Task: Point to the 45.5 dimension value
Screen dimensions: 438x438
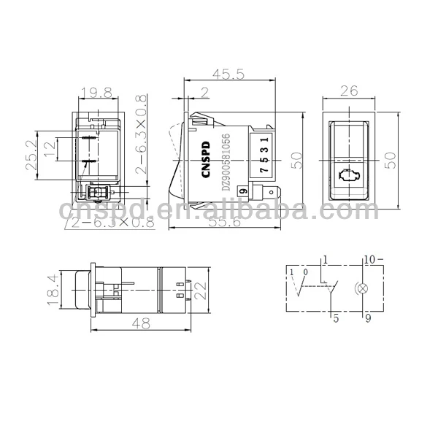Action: click(227, 74)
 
